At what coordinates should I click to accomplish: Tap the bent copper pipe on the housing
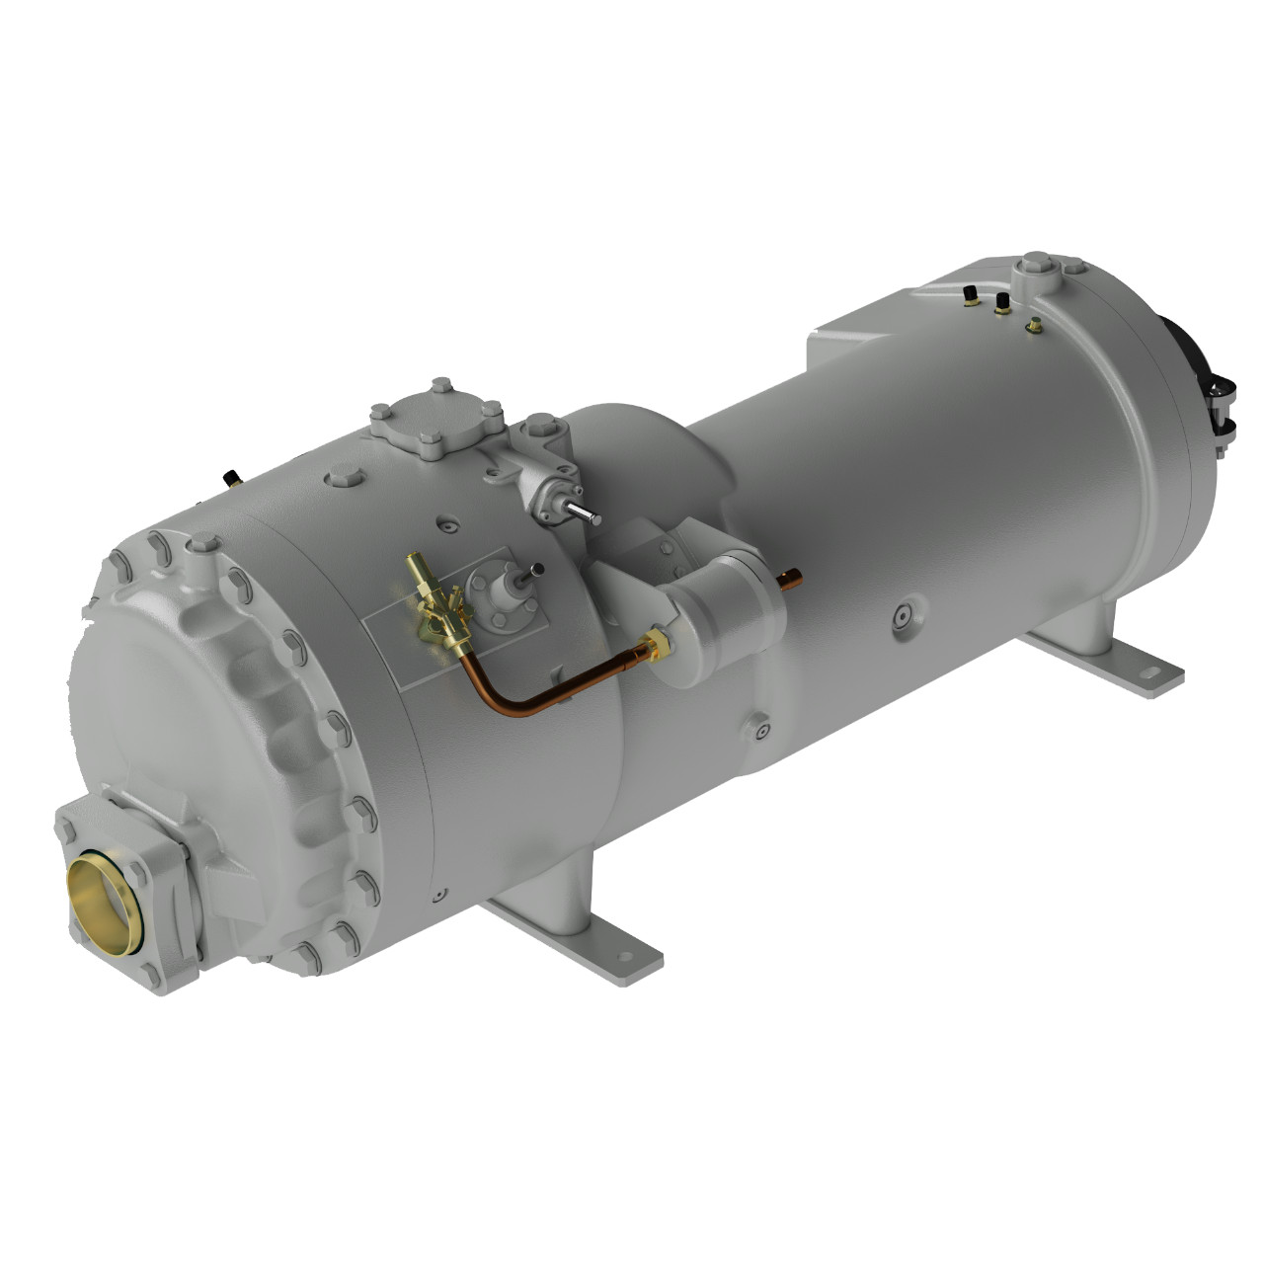[x=533, y=700]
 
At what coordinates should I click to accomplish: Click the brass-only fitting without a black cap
[x=1034, y=325]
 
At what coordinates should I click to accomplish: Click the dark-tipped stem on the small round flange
[x=535, y=570]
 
